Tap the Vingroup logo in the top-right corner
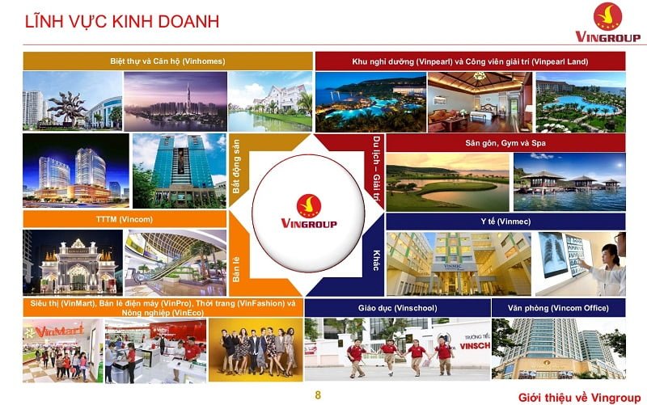click(607, 23)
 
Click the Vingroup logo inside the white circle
click(308, 212)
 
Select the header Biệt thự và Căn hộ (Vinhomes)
click(167, 61)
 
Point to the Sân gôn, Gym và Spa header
click(505, 142)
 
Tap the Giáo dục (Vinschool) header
click(396, 308)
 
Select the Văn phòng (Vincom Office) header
click(558, 308)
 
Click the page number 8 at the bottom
click(318, 394)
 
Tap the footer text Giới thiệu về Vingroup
click(576, 395)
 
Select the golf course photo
click(446, 182)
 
